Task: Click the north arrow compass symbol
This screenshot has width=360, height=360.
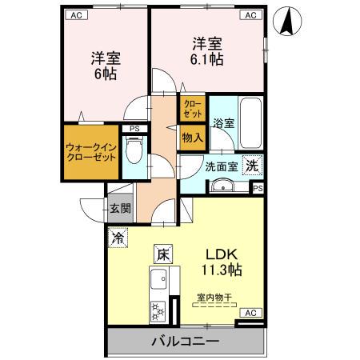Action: (x=286, y=22)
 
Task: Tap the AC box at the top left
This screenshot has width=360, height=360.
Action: (x=76, y=14)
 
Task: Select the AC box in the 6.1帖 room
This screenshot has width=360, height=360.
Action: (x=250, y=14)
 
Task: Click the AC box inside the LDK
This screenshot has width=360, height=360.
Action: (x=249, y=313)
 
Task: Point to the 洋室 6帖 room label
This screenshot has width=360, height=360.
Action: (x=102, y=66)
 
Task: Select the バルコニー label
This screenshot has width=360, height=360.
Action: (x=185, y=342)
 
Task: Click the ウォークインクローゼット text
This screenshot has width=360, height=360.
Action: (x=91, y=151)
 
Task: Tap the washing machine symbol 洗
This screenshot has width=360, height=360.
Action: (x=252, y=166)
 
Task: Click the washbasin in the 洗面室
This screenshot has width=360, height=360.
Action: (x=222, y=188)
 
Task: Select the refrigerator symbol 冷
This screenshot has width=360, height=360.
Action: (x=118, y=238)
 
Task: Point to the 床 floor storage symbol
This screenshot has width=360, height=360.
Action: (x=162, y=256)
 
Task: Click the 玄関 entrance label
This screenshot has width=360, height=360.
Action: (x=121, y=209)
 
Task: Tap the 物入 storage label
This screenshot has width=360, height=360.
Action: (x=193, y=138)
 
